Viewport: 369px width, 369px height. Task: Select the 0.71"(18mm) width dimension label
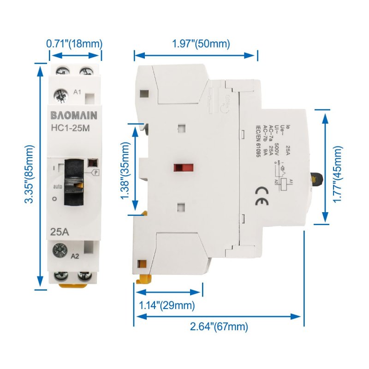tap(74, 44)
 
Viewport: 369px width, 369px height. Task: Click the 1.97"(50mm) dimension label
tap(201, 44)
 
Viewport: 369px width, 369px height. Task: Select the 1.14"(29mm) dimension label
tap(167, 305)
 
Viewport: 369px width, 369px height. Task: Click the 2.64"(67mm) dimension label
tap(219, 327)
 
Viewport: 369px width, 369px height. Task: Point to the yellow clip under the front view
tap(74, 285)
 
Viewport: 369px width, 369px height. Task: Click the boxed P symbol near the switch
tap(96, 173)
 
